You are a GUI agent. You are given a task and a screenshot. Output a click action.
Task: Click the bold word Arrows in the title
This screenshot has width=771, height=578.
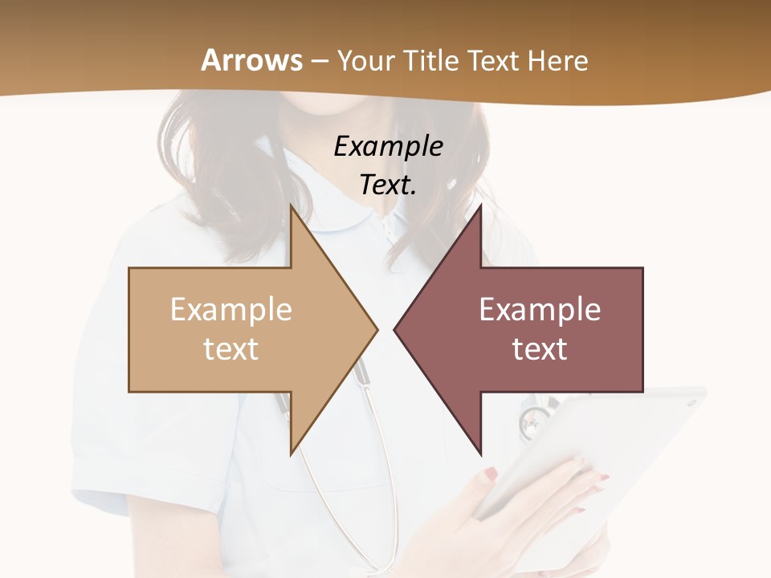pyautogui.click(x=252, y=60)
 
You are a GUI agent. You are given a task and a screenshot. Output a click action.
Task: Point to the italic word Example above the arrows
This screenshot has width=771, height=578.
pyautogui.click(x=388, y=146)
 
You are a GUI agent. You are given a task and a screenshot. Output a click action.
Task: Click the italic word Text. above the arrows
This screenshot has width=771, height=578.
pyautogui.click(x=388, y=185)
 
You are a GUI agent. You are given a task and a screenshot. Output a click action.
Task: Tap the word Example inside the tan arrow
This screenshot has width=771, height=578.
pyautogui.click(x=231, y=310)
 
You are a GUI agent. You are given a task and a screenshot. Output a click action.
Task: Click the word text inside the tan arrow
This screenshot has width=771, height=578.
pyautogui.click(x=231, y=349)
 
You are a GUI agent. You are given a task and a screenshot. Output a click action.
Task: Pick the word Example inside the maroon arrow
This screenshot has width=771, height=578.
pyautogui.click(x=540, y=310)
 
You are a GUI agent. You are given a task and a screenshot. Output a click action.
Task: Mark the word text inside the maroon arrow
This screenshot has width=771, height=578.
pyautogui.click(x=540, y=349)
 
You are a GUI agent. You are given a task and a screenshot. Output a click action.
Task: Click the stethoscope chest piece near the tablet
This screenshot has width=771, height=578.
pyautogui.click(x=532, y=418)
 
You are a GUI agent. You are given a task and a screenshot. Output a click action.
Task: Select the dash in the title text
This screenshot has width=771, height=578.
pyautogui.click(x=319, y=61)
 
